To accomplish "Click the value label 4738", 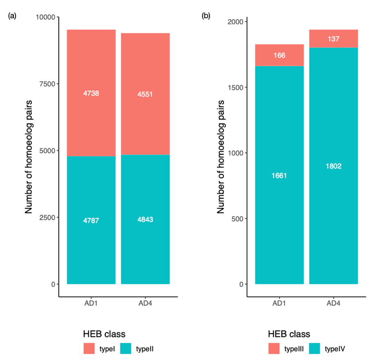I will coord(91,93).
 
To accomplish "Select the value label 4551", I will coord(145,94).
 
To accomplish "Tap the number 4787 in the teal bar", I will coord(91,220).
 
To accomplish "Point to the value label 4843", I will coord(145,219).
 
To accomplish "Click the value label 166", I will coord(279,55).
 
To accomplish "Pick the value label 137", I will coord(334,39).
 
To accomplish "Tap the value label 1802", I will coord(334,166).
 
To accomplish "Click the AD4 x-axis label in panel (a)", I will coord(145,303).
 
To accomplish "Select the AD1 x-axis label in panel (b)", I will coord(279,303).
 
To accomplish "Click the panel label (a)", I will coord(11,16).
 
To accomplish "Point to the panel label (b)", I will coord(206,16).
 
